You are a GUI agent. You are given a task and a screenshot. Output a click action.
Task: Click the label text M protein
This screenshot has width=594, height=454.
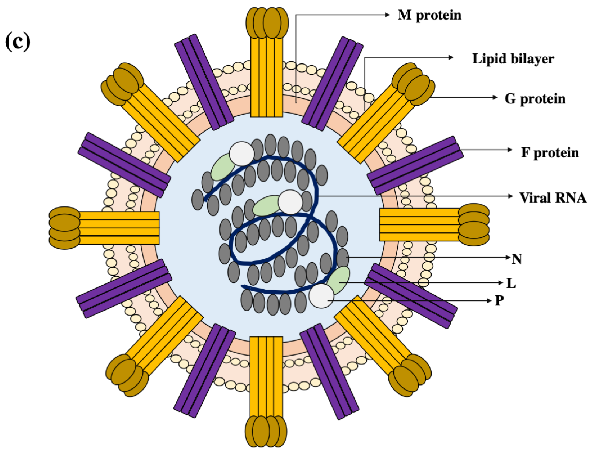pyautogui.click(x=429, y=15)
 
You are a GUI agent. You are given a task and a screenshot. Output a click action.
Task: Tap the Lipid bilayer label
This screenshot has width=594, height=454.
pyautogui.click(x=513, y=59)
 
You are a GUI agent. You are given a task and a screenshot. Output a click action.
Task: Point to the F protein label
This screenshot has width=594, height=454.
pyautogui.click(x=550, y=153)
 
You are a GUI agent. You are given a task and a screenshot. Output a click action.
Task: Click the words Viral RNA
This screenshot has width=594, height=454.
pyautogui.click(x=553, y=198)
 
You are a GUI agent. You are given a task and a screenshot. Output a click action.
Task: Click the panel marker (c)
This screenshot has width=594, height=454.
pyautogui.click(x=18, y=42)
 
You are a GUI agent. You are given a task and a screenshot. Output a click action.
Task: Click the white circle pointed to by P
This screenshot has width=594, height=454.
pyautogui.click(x=321, y=296)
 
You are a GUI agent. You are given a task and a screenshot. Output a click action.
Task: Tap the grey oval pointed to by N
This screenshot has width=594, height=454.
pyautogui.click(x=343, y=258)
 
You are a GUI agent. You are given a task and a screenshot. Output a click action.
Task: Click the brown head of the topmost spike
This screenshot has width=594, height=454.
pyautogui.click(x=267, y=23)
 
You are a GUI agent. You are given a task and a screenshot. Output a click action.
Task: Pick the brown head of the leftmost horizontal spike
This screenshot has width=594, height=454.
pyautogui.click(x=64, y=228)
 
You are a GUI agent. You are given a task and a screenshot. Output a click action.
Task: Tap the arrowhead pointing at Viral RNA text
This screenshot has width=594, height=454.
pyautogui.click(x=510, y=196)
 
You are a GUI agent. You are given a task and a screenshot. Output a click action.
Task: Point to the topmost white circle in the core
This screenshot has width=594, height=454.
pyautogui.click(x=242, y=154)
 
